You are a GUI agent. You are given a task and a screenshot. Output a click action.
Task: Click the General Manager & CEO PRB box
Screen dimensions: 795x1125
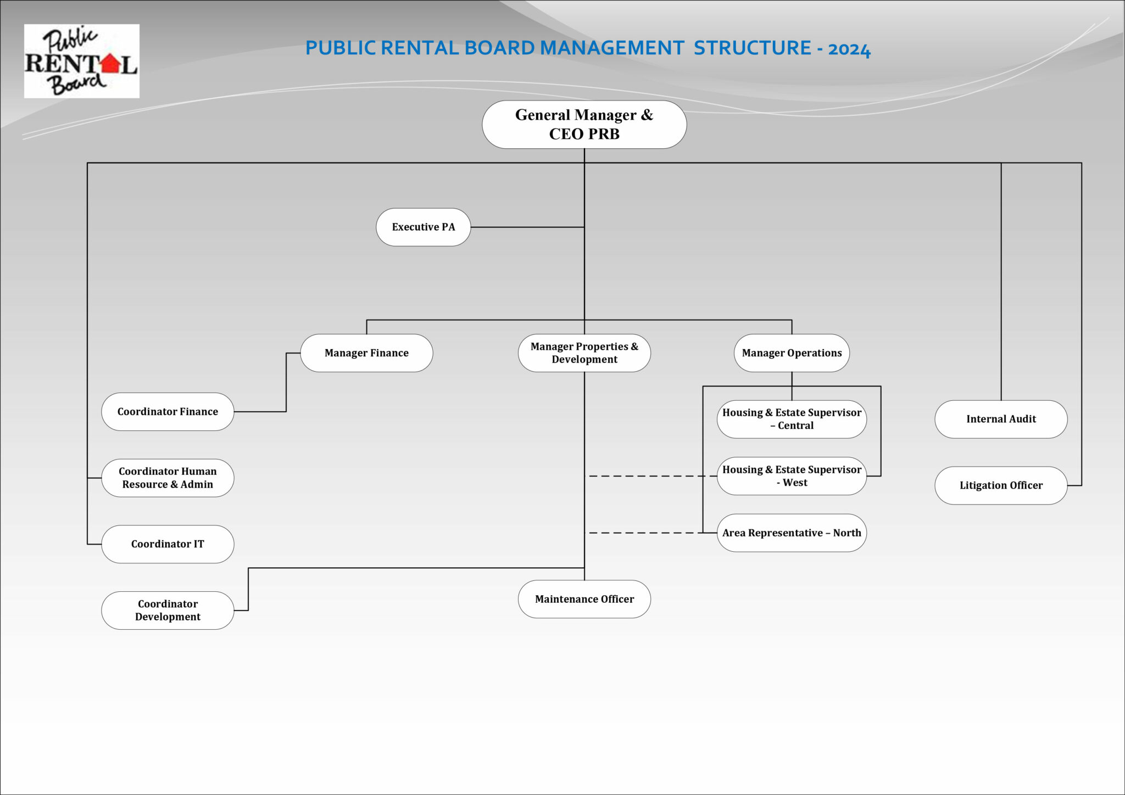coord(584,125)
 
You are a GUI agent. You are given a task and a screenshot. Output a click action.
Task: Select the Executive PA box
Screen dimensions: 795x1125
coord(423,227)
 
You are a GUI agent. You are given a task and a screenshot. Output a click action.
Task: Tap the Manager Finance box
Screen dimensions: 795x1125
coord(366,353)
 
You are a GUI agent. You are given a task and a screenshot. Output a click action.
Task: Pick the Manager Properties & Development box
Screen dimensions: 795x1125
coord(584,353)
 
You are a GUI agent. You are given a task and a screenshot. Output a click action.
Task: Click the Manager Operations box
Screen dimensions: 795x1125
coord(792,353)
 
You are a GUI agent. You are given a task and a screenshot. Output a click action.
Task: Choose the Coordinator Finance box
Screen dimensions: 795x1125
coord(168,412)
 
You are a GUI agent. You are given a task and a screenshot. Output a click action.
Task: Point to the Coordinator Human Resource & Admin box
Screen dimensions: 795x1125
coord(168,478)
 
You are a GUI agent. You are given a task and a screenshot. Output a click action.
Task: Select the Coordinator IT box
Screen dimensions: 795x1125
coord(168,544)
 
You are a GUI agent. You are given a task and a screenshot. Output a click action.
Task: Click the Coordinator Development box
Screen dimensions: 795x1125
coord(168,610)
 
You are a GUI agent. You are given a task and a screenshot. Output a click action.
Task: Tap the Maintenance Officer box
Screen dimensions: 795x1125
coord(584,599)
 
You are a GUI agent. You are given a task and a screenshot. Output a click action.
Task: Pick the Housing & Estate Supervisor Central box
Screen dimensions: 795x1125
coord(792,419)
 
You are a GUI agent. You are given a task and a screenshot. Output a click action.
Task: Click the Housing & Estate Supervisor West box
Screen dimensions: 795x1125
coord(792,476)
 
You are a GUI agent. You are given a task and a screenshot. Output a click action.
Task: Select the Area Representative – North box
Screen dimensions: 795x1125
coord(792,533)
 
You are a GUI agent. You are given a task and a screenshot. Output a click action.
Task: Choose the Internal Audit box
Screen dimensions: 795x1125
coord(1001,419)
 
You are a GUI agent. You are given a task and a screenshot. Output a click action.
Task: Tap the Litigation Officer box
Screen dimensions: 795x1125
coord(1001,485)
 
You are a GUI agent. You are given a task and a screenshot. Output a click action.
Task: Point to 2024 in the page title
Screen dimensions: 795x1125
coord(849,49)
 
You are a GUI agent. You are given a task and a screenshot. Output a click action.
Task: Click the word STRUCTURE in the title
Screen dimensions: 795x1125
coord(752,48)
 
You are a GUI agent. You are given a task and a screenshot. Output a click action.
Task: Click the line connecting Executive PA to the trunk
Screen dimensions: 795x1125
coord(527,227)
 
